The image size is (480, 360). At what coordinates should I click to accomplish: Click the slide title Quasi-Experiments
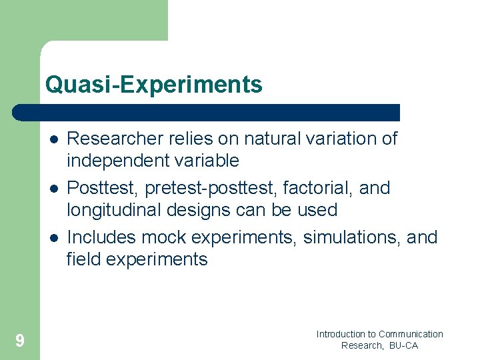point(153,85)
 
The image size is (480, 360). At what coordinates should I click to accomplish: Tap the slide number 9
point(20,341)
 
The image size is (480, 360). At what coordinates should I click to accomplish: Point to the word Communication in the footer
point(411,334)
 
